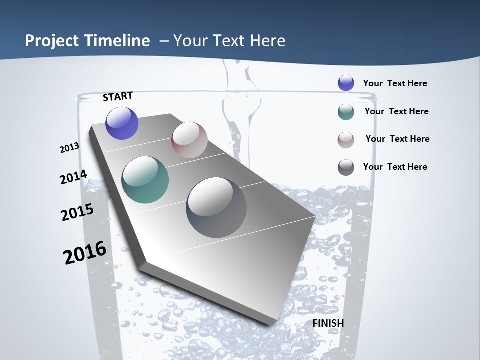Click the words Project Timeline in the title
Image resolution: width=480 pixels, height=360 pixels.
pos(87,41)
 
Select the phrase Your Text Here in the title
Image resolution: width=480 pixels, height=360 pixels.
pos(229,41)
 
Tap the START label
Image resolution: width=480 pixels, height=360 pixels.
pos(118,96)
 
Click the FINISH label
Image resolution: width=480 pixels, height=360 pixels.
pos(328,323)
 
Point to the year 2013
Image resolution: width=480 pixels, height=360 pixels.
pos(70,148)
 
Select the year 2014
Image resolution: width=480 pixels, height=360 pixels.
pos(74,177)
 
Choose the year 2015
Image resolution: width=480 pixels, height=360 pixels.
pos(77,212)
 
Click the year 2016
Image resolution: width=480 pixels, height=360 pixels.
pos(85,253)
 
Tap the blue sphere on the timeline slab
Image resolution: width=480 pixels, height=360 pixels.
pos(122,123)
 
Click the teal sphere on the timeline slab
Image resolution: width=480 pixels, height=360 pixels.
pos(145,180)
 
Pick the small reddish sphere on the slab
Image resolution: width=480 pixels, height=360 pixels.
pos(189,140)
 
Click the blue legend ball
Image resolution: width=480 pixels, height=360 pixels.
pos(346,83)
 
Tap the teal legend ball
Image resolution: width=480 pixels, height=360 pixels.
pos(346,112)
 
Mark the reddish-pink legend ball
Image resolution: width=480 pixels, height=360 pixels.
pos(346,139)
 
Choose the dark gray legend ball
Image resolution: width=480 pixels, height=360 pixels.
pos(346,167)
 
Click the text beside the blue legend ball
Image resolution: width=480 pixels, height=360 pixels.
pos(395,83)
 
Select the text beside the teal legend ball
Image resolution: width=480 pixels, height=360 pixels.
pos(397,111)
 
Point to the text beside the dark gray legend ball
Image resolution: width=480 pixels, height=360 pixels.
pos(395,167)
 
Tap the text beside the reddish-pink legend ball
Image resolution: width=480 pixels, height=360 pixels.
pos(398,139)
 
